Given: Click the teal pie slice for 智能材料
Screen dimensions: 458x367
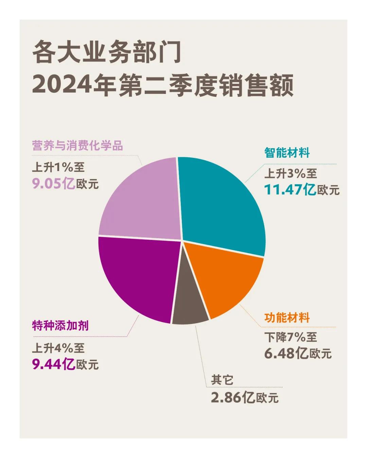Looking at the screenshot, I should tap(221, 204).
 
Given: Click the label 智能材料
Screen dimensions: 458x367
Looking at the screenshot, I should tap(287, 153).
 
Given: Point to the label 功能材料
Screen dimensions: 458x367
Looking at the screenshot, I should tap(287, 317).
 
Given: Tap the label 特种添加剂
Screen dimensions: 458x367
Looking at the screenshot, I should tap(60, 326).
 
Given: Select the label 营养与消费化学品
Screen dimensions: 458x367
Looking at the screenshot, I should tap(77, 145).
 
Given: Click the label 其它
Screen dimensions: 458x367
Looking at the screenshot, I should tap(222, 380).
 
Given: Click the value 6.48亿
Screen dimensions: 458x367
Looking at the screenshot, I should tap(286, 353).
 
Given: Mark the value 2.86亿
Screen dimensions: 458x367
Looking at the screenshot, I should tap(233, 397).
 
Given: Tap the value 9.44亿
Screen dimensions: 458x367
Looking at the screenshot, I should tap(54, 364).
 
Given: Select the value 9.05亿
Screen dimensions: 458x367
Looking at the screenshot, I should tap(54, 184).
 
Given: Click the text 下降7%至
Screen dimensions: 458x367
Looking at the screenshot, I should tap(291, 337).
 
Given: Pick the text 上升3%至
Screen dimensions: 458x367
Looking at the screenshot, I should tap(291, 174).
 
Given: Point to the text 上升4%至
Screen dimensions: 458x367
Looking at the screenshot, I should tap(58, 348).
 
